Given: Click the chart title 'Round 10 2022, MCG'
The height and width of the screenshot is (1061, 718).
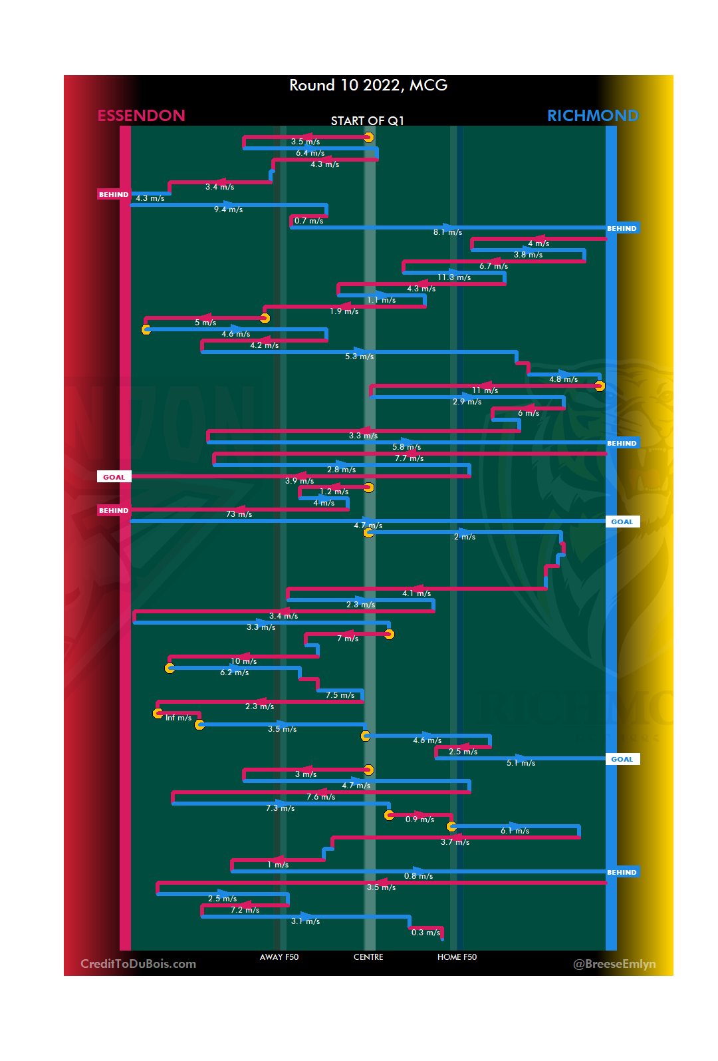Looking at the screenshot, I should tap(368, 85).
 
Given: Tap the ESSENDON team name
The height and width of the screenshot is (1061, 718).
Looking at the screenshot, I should tap(141, 116).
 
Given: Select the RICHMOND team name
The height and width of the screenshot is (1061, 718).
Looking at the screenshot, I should tap(592, 116).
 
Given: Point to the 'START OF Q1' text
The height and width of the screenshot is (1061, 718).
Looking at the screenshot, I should tap(368, 120).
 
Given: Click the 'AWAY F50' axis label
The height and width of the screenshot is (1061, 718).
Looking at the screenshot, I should tap(279, 957).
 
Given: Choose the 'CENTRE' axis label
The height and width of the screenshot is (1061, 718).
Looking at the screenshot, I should tap(368, 957).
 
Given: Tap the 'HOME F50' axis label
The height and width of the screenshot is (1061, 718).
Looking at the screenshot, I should tap(457, 957).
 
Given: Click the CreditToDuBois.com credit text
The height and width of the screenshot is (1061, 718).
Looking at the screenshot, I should tap(138, 964).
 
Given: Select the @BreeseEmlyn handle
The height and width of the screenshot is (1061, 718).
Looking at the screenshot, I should tap(614, 964).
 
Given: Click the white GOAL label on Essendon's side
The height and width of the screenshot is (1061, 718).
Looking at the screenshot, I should tap(114, 477).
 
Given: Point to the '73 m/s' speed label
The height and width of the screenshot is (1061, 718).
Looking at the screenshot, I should tap(239, 514).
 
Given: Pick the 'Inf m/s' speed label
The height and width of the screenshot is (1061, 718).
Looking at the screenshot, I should tap(178, 718).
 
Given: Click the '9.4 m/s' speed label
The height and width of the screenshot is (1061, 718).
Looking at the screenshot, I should tap(228, 210).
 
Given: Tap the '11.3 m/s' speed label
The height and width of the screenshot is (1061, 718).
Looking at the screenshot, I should tap(454, 277).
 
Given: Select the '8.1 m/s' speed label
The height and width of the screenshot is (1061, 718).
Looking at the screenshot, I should tap(447, 232).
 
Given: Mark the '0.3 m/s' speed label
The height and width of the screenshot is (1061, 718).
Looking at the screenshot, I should tap(425, 933).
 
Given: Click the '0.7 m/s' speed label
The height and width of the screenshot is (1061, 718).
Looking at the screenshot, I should tap(308, 221).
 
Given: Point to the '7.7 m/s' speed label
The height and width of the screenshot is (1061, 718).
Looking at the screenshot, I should tap(409, 458).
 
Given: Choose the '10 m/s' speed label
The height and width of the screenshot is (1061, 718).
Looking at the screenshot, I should tap(243, 661).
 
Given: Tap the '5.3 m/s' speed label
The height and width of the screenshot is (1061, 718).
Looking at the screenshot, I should tap(359, 357).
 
